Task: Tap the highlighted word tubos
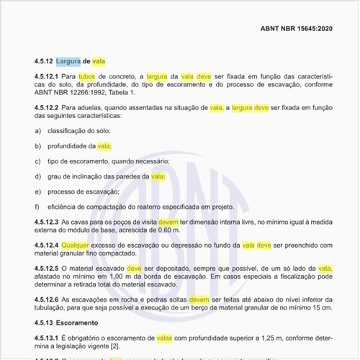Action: [x=87, y=76]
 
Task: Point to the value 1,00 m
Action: [x=117, y=276]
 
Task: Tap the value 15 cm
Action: [x=323, y=307]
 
